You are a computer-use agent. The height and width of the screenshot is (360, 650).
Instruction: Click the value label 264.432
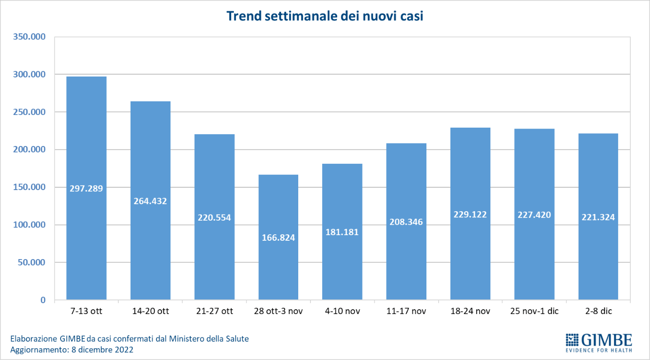pos(150,201)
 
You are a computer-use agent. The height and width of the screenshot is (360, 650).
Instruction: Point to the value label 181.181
pos(342,232)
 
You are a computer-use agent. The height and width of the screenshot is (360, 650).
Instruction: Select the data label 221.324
pos(598,217)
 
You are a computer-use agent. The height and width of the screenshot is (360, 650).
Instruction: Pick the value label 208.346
pos(406,222)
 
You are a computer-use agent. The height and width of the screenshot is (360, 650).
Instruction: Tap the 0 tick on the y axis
pos(43,300)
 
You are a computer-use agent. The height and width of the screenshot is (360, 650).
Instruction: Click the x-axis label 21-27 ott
pos(214,311)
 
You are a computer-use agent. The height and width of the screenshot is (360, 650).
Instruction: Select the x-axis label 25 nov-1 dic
pos(534,311)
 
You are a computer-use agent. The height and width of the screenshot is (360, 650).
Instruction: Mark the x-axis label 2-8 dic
pos(598,311)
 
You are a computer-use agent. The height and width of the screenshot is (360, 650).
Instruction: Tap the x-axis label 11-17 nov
pos(406,311)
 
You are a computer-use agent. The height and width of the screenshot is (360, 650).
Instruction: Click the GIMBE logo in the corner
pos(599,340)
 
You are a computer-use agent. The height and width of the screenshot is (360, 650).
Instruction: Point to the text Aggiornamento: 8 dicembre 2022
pos(72,350)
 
